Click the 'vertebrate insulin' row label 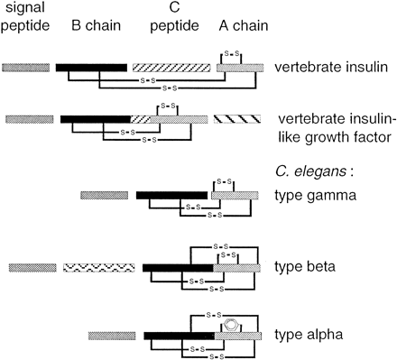click(328, 68)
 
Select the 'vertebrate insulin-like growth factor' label click(330, 128)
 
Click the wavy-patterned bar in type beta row click(99, 268)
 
